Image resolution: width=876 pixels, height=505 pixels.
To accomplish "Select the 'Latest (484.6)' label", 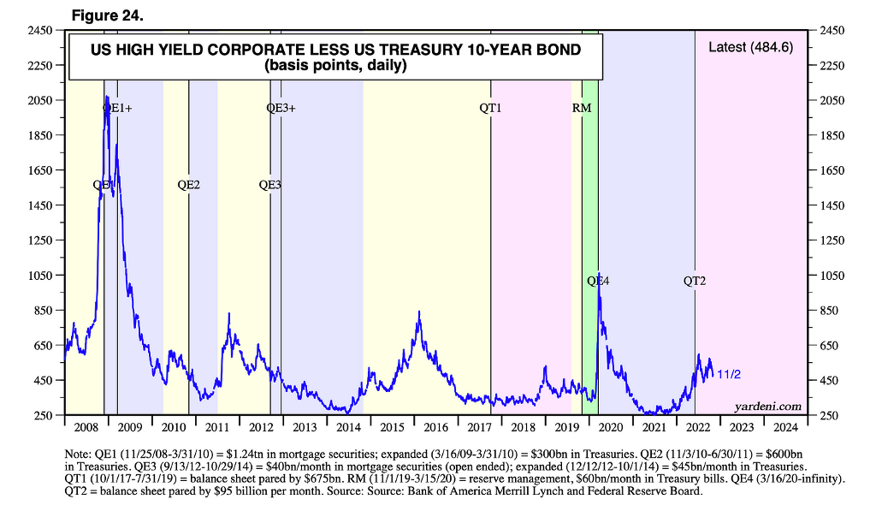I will click(751, 47).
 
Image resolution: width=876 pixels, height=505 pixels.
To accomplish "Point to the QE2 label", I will click(188, 184).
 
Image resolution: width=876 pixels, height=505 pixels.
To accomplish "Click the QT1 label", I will click(490, 109).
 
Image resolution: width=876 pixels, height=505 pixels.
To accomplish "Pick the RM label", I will click(582, 109).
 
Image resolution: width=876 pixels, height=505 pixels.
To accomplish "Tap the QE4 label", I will click(598, 281).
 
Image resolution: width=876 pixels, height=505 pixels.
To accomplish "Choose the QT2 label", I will click(695, 281).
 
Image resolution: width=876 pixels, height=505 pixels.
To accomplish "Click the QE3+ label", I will click(281, 109).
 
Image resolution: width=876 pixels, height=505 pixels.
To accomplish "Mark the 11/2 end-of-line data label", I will click(728, 374).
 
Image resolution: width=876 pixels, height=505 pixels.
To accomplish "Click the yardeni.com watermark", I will click(768, 406).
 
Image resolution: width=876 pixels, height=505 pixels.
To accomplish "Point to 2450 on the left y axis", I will click(42, 30).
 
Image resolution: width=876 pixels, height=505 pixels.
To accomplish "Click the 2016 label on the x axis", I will click(435, 426).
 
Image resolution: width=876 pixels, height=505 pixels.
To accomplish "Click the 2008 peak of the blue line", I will click(107, 98).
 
